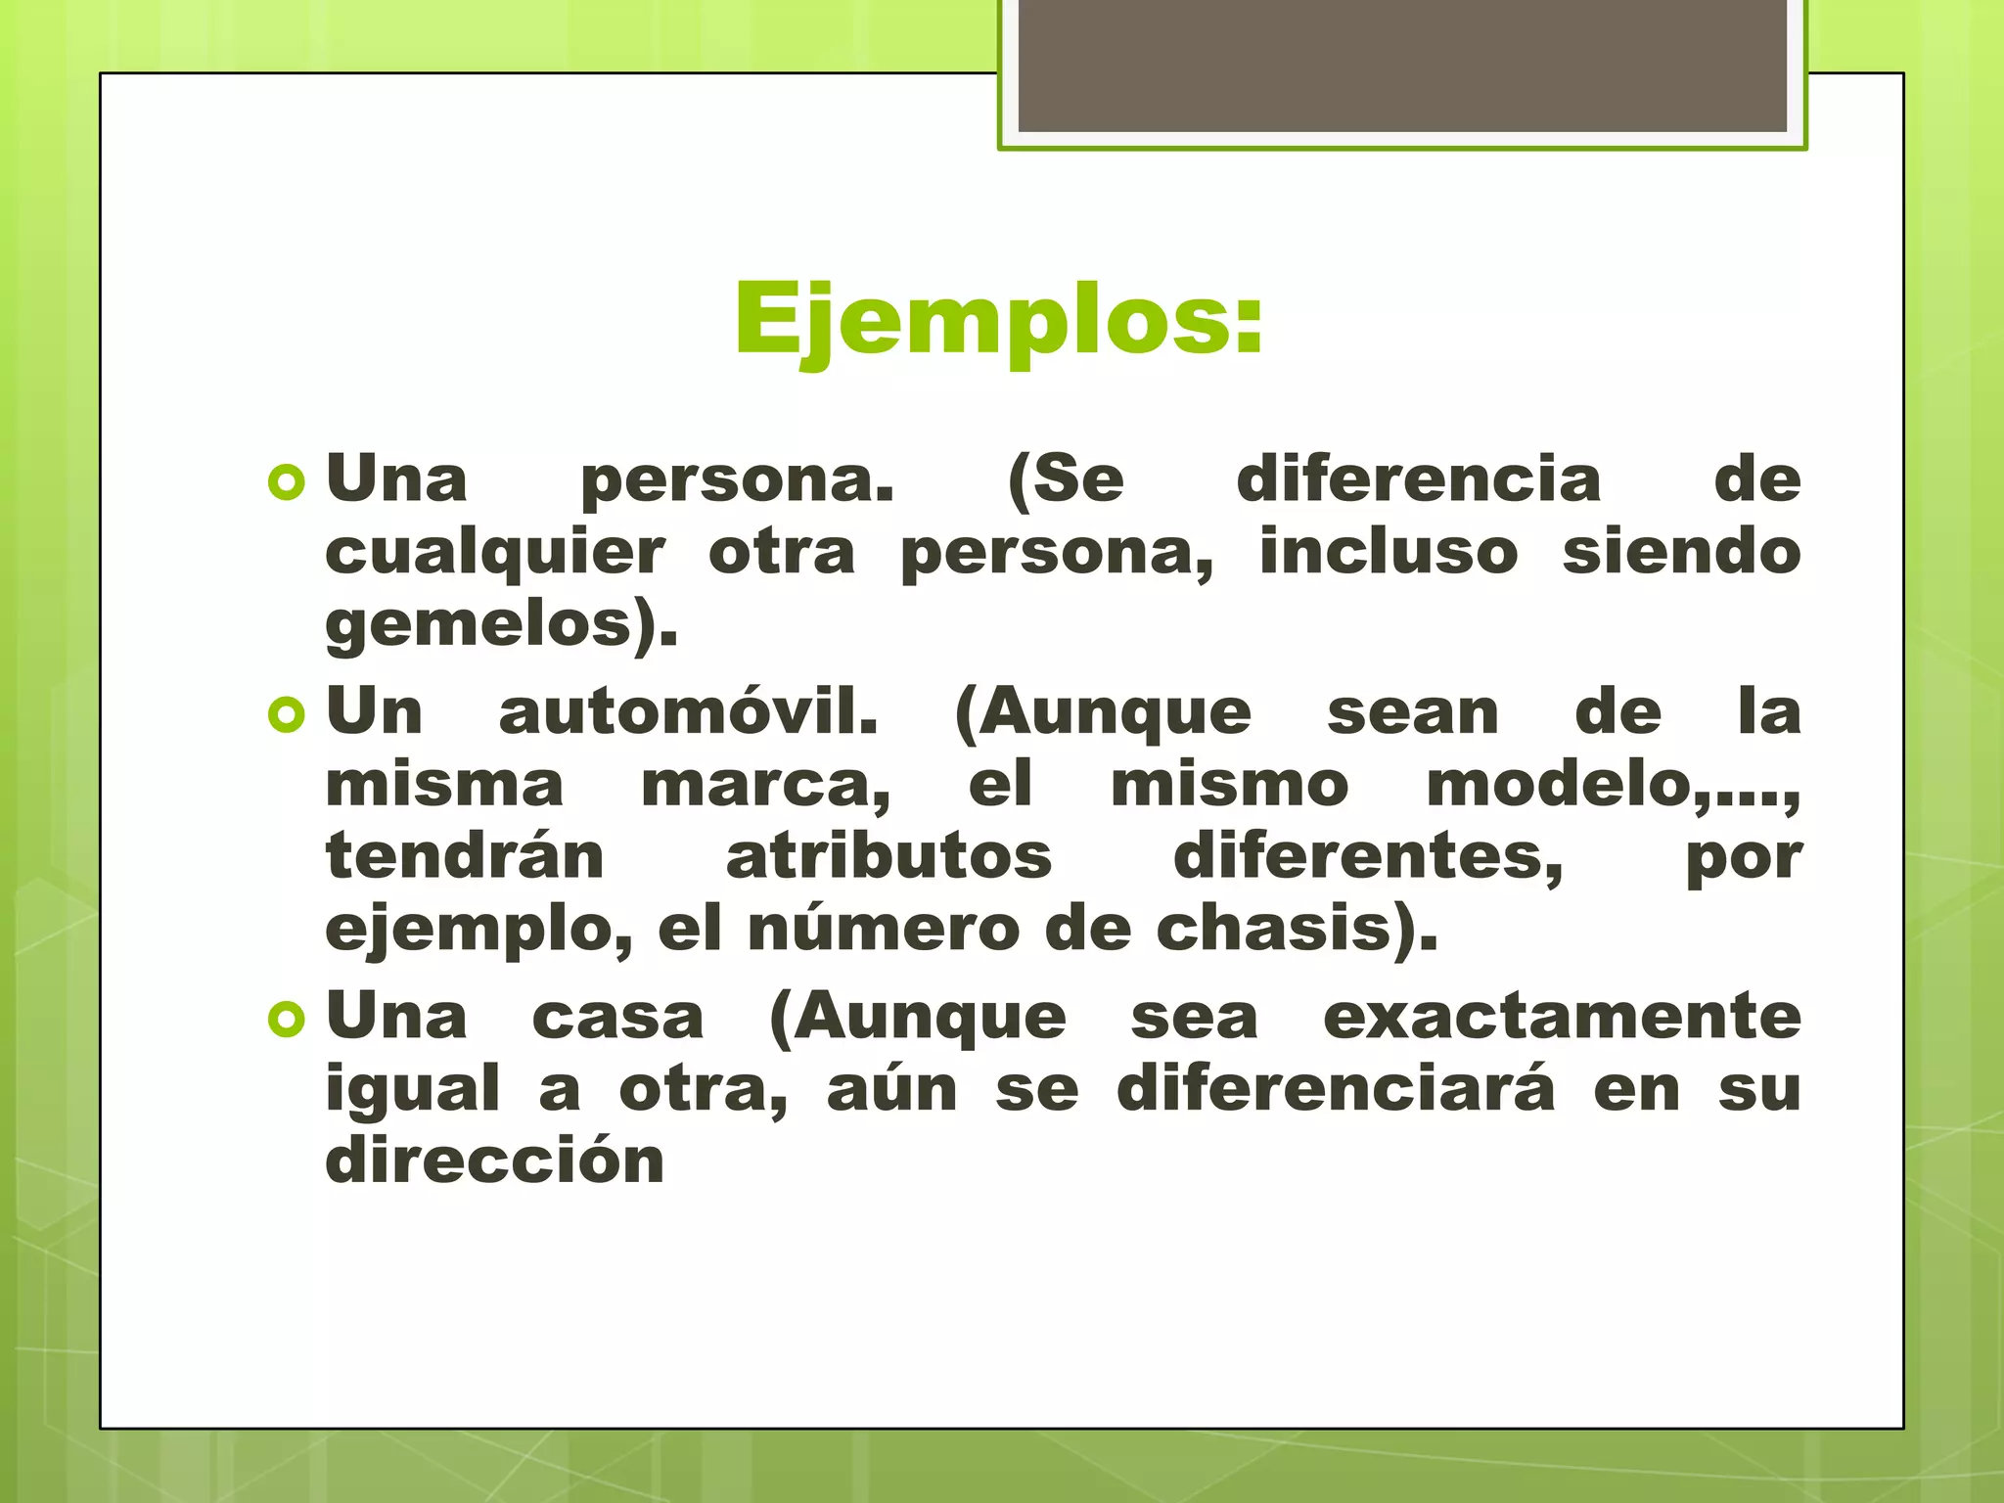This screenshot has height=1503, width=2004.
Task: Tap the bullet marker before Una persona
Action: tap(286, 481)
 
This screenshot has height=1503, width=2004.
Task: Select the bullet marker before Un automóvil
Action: tap(286, 714)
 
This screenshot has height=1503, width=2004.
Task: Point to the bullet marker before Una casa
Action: tap(286, 1020)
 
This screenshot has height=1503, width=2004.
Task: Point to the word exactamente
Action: tap(1562, 1017)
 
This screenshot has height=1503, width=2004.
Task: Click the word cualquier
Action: tap(495, 554)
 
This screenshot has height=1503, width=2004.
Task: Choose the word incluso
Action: tap(1389, 552)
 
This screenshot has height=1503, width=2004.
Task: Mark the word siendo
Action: tap(1681, 552)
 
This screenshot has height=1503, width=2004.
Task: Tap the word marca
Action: tap(763, 786)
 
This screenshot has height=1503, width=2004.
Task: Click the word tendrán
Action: tap(465, 856)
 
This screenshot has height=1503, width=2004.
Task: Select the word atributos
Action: tap(888, 857)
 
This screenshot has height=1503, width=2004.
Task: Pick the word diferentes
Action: tap(1367, 858)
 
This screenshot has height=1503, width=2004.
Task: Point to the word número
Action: tap(884, 929)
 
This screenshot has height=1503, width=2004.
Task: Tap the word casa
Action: tap(617, 1019)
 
